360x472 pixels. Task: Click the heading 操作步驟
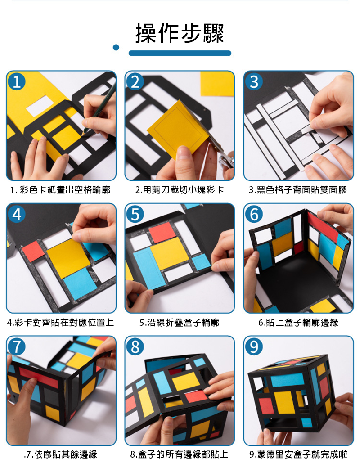click(x=180, y=33)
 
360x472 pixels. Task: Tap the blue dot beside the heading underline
click(x=116, y=47)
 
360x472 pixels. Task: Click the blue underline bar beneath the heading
click(x=180, y=53)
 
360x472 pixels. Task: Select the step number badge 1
click(x=16, y=81)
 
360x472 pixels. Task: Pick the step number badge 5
click(x=135, y=214)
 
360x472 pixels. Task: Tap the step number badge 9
click(x=254, y=346)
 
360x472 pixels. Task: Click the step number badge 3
click(x=254, y=81)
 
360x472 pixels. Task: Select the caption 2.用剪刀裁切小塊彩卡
click(x=180, y=190)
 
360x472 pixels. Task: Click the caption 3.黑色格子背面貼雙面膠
click(x=298, y=190)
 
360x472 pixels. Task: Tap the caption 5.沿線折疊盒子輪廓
click(x=180, y=323)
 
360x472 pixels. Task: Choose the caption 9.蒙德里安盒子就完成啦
click(x=298, y=454)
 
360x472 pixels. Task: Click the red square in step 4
click(x=33, y=251)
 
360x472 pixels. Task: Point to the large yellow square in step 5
click(x=170, y=253)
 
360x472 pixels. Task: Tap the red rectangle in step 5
click(x=162, y=232)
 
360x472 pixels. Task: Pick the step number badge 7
click(x=16, y=346)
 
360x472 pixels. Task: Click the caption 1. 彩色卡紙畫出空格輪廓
click(x=60, y=190)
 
